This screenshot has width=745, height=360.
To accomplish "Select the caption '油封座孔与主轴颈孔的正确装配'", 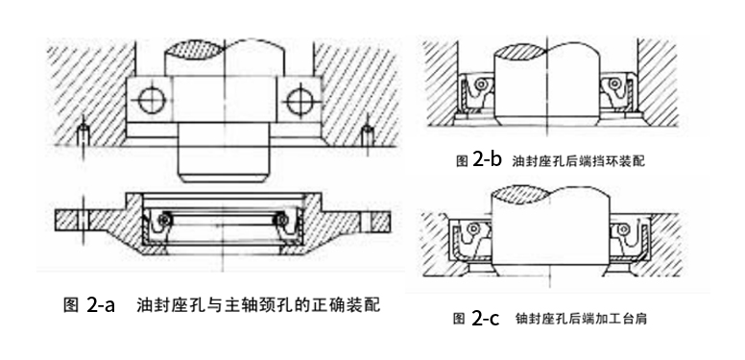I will [258, 306].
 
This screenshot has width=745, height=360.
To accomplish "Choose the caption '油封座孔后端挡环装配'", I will [578, 162].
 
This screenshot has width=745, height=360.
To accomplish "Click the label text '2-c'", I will [486, 319].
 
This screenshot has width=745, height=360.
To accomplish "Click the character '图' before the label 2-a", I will [69, 307].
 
